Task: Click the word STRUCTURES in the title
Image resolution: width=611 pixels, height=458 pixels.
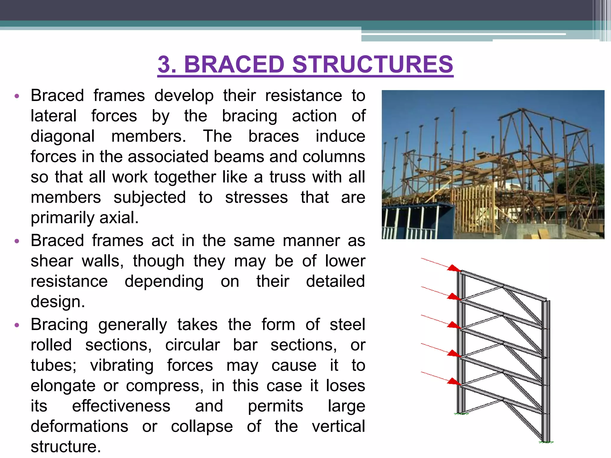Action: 373,64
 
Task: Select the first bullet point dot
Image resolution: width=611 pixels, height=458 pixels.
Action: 17,96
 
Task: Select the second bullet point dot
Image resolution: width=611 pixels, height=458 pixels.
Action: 17,241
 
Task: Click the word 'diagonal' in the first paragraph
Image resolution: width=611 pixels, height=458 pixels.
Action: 63,137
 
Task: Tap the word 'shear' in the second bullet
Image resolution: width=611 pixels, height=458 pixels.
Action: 52,261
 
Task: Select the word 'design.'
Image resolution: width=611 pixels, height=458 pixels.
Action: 58,302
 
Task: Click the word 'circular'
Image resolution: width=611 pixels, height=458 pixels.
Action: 192,345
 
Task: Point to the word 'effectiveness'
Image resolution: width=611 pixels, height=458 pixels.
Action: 121,406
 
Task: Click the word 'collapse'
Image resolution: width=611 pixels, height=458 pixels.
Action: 202,426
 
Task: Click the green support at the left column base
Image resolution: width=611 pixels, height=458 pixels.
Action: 461,414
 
